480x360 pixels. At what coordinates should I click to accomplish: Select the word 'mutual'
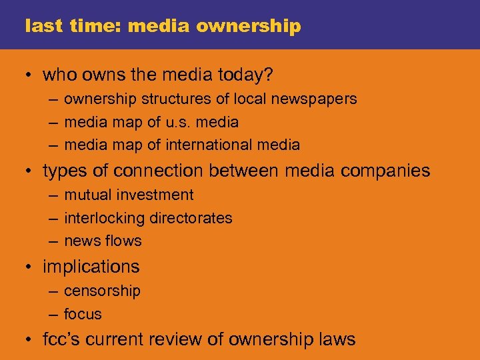[86, 195]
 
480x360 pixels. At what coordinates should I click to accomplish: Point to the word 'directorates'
[191, 219]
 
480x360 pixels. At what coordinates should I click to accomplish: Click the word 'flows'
[123, 241]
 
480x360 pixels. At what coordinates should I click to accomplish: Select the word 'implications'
[91, 267]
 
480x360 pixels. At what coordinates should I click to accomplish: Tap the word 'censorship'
[102, 291]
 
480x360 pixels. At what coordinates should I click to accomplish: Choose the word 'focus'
[83, 314]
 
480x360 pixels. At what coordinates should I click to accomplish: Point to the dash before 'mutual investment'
[53, 195]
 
